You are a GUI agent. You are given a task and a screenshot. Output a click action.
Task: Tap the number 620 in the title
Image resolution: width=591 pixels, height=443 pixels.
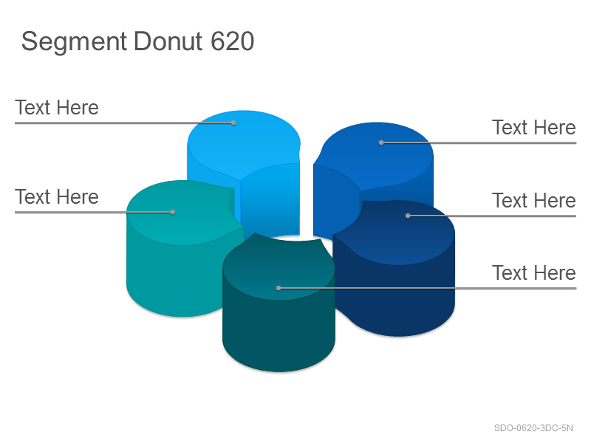click(232, 41)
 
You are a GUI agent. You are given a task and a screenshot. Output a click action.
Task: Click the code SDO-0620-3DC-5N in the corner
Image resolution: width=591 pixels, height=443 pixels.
click(533, 428)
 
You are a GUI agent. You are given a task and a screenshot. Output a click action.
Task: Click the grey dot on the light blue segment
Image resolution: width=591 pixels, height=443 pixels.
click(233, 123)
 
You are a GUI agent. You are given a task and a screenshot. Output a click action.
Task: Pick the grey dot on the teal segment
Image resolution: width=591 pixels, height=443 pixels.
click(173, 212)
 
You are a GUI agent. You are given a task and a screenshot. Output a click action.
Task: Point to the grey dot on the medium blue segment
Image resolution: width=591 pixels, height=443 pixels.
click(381, 142)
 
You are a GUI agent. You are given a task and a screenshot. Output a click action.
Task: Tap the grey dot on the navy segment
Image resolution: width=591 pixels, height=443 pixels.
click(408, 216)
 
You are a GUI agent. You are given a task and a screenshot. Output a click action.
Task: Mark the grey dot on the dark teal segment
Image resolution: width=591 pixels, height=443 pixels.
click(279, 288)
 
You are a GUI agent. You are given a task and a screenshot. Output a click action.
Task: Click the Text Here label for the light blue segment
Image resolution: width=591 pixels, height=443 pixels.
click(57, 108)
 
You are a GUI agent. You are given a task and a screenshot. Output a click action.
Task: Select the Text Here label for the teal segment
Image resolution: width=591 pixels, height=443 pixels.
click(57, 197)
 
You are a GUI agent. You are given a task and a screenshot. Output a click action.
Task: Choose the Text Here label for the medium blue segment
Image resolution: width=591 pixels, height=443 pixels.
click(534, 127)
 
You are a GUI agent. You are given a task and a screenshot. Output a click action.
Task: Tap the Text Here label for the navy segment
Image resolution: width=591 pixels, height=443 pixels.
click(534, 200)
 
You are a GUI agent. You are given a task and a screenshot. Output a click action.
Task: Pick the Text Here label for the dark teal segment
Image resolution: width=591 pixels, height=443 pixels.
click(534, 272)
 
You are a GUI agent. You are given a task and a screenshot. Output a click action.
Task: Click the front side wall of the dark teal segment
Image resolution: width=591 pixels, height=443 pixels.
click(279, 332)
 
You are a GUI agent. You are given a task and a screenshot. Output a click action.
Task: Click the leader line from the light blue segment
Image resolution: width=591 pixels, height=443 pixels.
click(124, 123)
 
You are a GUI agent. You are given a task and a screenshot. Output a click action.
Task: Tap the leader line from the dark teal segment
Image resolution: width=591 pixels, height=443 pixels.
click(428, 288)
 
